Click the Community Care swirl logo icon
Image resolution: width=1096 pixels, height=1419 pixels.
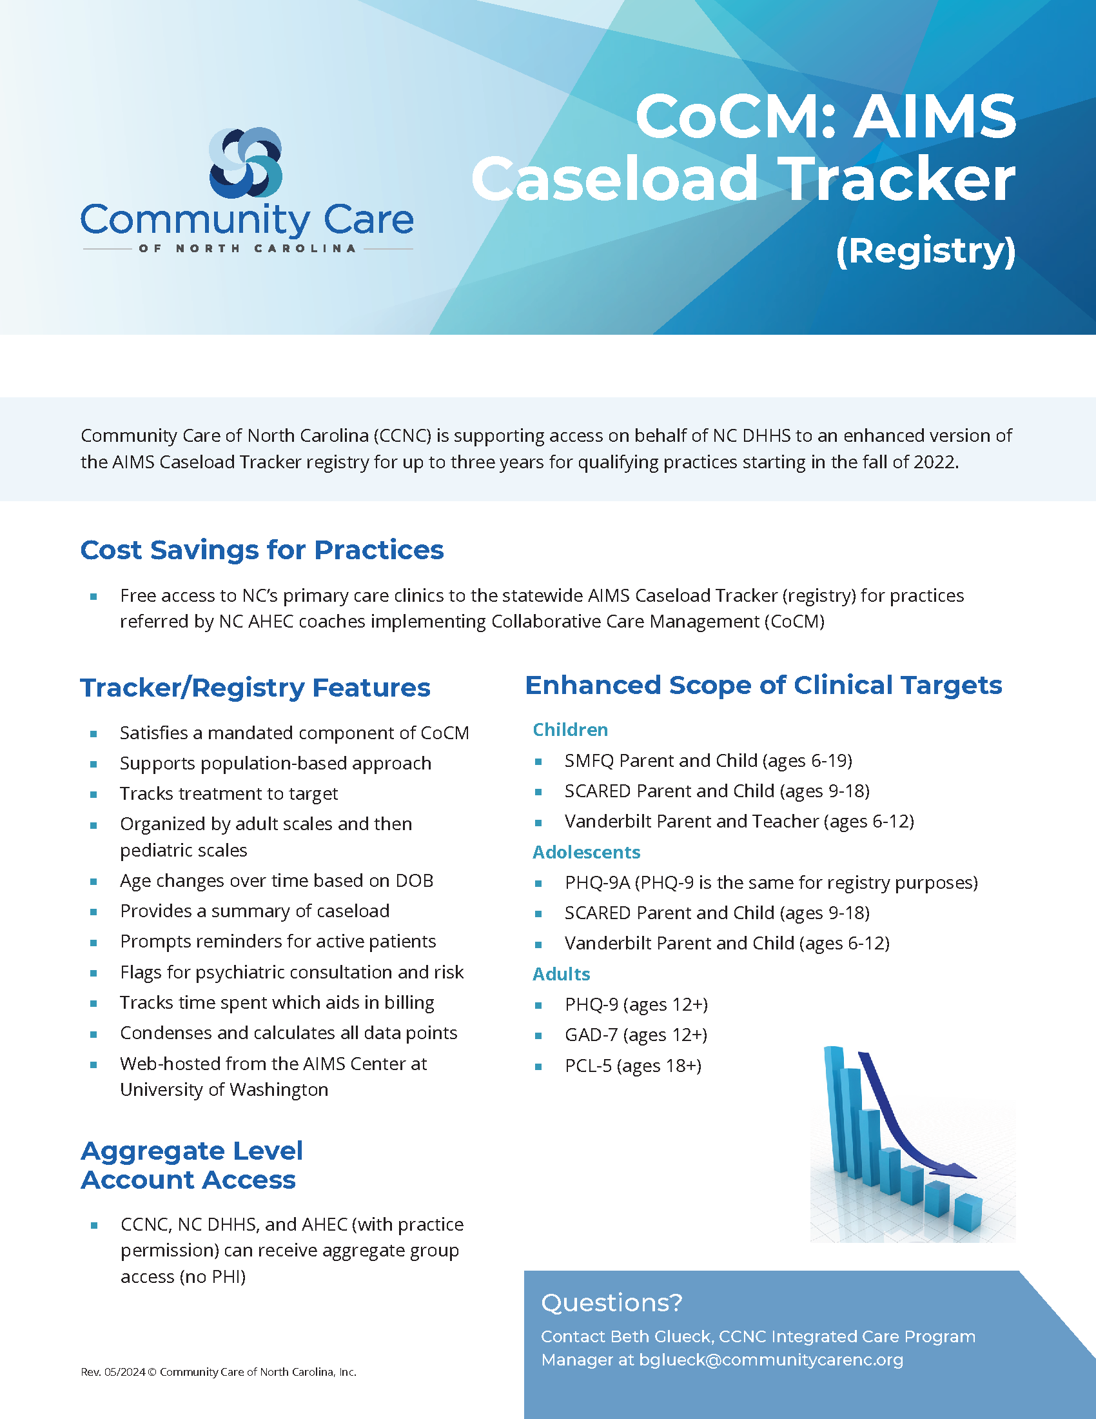(246, 163)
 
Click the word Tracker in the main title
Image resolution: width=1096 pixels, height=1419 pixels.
(899, 180)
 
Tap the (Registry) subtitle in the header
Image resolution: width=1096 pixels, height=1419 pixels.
(925, 251)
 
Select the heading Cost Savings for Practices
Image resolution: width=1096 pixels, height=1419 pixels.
(262, 550)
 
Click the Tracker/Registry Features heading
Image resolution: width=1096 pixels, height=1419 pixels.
(255, 688)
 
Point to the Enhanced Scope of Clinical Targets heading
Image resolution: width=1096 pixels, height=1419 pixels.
(763, 685)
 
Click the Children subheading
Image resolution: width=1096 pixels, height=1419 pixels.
(570, 729)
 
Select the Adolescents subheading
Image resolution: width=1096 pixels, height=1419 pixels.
(586, 852)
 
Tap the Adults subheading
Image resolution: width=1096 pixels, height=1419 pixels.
(561, 974)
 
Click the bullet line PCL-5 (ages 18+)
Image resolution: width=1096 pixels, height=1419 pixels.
(632, 1066)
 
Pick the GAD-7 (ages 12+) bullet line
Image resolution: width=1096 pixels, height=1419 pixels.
(636, 1035)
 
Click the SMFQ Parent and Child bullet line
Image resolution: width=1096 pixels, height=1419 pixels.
(708, 760)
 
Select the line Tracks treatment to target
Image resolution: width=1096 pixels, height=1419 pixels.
(229, 793)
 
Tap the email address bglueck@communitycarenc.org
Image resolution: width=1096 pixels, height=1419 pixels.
(770, 1360)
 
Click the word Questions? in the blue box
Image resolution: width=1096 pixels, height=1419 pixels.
(612, 1303)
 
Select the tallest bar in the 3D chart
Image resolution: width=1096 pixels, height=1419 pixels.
(835, 1104)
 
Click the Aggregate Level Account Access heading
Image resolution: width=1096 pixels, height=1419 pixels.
(191, 1165)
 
